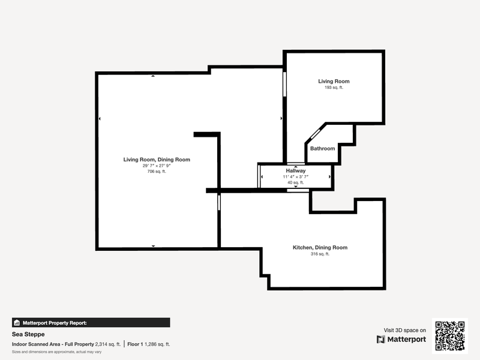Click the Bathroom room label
click(x=322, y=148)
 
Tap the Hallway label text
click(x=296, y=170)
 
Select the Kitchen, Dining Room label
click(x=320, y=247)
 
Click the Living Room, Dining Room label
click(x=157, y=160)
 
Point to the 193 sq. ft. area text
click(x=334, y=88)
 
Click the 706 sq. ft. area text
click(x=157, y=172)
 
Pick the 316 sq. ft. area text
click(x=320, y=254)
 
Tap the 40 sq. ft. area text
click(x=296, y=182)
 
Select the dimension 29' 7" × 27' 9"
click(x=157, y=166)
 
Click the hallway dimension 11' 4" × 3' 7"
click(x=296, y=176)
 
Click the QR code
click(x=450, y=336)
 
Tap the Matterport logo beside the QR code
click(x=401, y=339)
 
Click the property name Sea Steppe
click(x=28, y=334)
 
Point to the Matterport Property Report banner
click(x=91, y=323)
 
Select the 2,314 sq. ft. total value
click(x=108, y=344)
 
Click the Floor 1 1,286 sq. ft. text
click(x=148, y=344)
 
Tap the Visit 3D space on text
click(x=404, y=331)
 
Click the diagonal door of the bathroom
click(x=315, y=133)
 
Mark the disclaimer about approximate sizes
click(x=56, y=352)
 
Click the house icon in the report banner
click(x=17, y=323)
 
